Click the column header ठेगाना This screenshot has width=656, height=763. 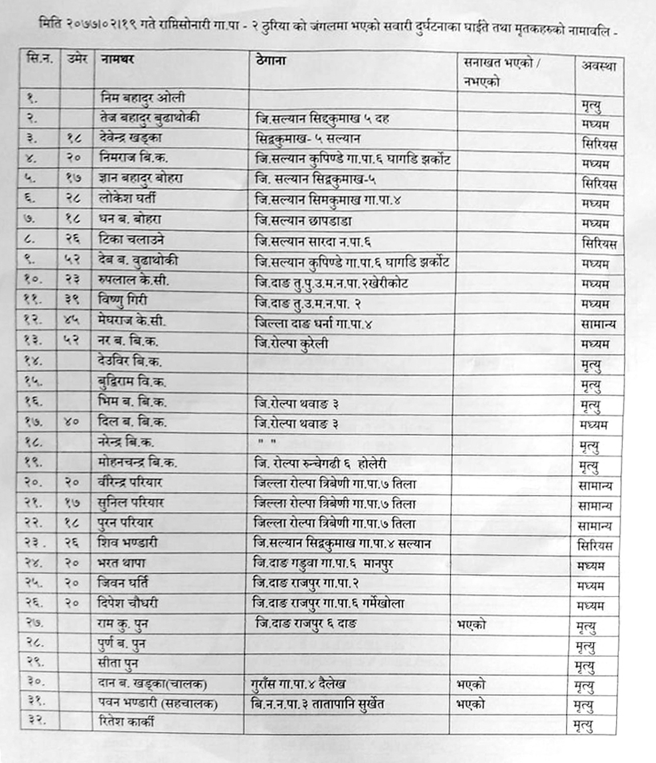coord(271,60)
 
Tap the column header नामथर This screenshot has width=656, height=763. coord(117,59)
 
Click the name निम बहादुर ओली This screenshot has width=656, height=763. coord(142,98)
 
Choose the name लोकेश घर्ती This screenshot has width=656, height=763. coord(127,198)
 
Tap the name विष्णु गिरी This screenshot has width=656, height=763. coord(123,301)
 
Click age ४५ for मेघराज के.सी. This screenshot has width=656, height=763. coord(72,321)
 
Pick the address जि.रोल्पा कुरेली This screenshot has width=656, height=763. coord(291,343)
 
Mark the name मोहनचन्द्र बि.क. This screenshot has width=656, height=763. coord(137,462)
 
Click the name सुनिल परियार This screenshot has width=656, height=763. coord(131,503)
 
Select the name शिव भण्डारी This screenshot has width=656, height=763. coord(127,543)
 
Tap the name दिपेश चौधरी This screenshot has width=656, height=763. coord(127,603)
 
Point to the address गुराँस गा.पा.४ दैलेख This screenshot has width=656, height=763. coord(298,684)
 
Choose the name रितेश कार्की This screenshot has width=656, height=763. coord(126,723)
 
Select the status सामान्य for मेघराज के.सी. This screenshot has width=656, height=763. coord(597,324)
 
